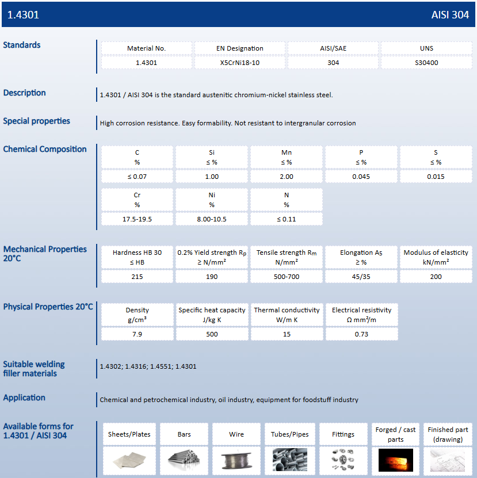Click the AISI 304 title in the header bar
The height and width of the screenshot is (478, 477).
450,15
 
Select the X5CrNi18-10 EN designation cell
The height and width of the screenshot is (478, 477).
240,63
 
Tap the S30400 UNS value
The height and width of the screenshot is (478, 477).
426,63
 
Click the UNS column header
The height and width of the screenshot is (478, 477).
426,48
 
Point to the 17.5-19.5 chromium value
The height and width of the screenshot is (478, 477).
137,219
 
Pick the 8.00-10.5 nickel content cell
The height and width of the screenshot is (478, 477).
212,219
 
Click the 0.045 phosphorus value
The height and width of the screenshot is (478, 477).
361,177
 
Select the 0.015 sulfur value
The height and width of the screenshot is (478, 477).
436,177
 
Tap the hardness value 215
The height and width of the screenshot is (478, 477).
137,277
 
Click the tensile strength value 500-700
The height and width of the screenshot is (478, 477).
287,277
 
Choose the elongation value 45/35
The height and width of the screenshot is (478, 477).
361,277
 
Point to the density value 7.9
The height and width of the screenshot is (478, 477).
137,334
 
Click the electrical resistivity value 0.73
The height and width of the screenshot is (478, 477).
361,334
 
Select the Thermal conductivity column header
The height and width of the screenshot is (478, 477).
287,314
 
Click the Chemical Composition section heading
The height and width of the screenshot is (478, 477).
45,150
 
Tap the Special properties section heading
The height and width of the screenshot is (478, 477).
37,121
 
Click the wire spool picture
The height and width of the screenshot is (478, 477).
236,460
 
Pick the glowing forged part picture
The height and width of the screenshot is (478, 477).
395,460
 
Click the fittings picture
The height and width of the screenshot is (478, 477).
343,460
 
